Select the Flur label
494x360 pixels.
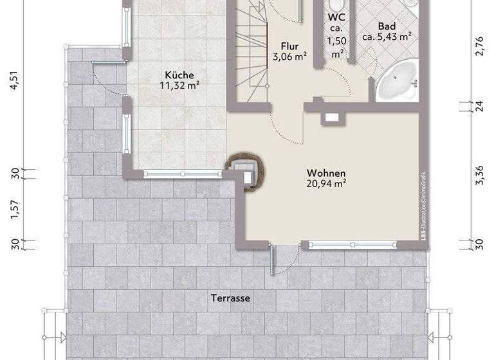click(289, 46)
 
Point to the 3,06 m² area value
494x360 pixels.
click(289, 56)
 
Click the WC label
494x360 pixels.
click(335, 17)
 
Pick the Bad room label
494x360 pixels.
click(387, 26)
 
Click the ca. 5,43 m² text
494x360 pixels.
click(387, 37)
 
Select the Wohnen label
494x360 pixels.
click(326, 174)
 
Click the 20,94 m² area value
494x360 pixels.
click(326, 184)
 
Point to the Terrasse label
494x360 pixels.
click(230, 298)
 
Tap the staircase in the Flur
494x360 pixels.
click(251, 51)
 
